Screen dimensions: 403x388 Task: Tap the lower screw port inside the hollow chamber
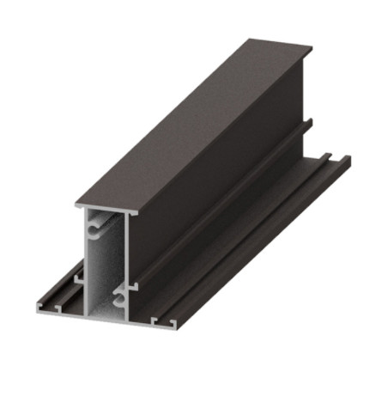[119, 300]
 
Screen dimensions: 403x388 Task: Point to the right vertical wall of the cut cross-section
[128, 258]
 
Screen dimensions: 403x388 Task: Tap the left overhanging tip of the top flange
[77, 206]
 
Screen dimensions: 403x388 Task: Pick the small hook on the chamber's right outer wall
[135, 284]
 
